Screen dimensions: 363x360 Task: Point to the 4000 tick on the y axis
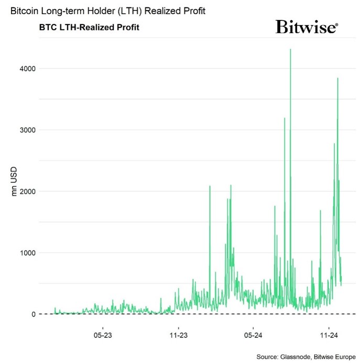(28, 69)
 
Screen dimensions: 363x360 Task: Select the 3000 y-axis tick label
(28, 130)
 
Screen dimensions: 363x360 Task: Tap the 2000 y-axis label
(28, 192)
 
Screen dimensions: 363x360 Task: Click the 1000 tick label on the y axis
(28, 253)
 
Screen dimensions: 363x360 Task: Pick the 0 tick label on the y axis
(32, 314)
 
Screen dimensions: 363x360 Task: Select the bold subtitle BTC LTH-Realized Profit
(89, 27)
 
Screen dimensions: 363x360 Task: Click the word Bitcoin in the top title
(24, 11)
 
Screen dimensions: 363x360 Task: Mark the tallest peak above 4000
(290, 50)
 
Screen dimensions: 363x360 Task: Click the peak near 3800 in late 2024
(337, 79)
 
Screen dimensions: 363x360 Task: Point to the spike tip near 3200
(285, 118)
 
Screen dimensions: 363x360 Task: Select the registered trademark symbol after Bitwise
(336, 24)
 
